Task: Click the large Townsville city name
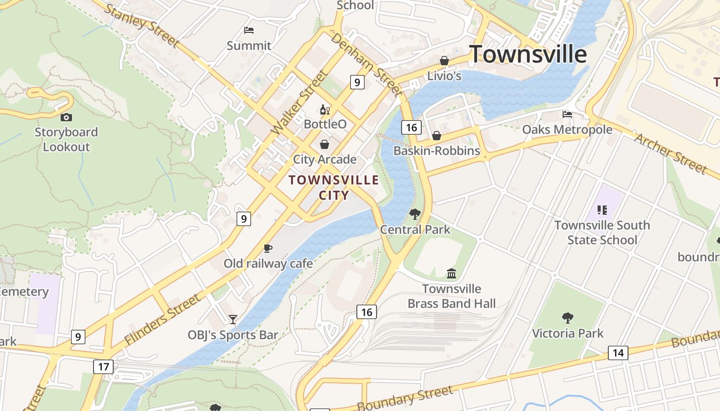528,54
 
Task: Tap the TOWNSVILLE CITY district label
334,188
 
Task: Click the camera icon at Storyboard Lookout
66,118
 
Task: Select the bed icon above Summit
249,30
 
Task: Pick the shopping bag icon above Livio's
444,61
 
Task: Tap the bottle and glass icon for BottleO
325,109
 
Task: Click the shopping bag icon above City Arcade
325,144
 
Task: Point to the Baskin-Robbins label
437,151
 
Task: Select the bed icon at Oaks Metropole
567,115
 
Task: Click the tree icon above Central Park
415,214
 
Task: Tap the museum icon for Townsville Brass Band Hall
452,273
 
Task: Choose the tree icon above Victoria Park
568,318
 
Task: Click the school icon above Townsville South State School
602,210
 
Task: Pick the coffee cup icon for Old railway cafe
268,249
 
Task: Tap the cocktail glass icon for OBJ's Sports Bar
233,320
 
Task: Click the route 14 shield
618,352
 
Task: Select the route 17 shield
103,366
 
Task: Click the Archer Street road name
671,153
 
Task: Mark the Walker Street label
299,103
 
